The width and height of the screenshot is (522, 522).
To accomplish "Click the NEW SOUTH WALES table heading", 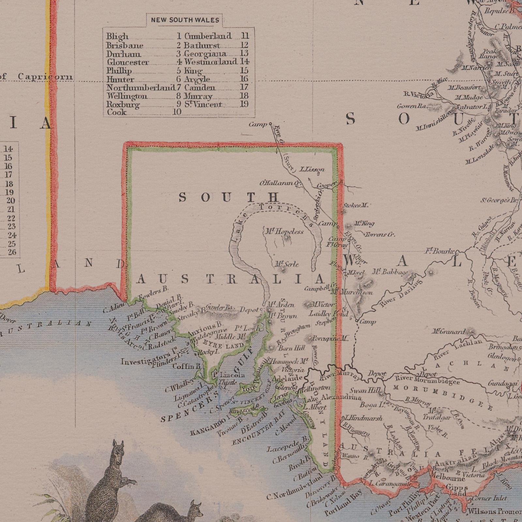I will [185, 20].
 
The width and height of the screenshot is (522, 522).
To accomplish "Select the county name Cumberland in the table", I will [208, 36].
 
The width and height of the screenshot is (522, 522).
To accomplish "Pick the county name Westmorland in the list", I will [210, 62].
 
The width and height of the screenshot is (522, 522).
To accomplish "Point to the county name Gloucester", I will [128, 62].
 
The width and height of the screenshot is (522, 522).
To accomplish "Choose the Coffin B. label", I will [186, 366].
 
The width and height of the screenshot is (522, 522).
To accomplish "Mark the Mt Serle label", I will [286, 264].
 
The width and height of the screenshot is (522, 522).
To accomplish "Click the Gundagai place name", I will [503, 384].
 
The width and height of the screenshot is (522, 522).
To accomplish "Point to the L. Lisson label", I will [312, 169].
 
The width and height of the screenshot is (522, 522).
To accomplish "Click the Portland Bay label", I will [343, 502].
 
